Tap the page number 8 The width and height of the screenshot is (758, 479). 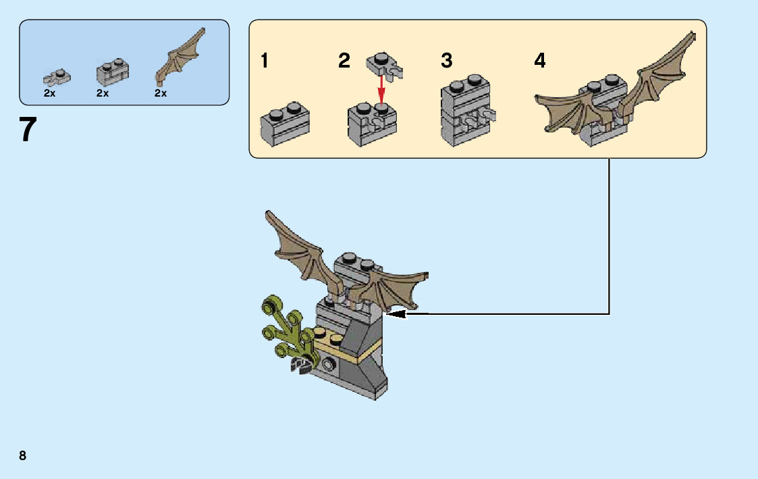point(23,455)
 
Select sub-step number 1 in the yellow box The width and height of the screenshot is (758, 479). point(265,61)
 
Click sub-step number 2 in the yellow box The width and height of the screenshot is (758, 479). point(344,61)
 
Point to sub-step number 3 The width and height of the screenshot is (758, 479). point(446,61)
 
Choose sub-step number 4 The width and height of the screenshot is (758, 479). point(539,61)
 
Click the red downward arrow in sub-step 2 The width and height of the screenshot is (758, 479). point(381,87)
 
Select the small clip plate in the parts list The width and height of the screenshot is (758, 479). point(57,76)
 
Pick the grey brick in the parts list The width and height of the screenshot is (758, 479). point(112,72)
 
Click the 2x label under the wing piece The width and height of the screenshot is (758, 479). point(161,94)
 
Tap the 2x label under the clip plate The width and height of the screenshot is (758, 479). point(50,94)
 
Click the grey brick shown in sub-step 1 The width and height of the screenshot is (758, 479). point(284,124)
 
